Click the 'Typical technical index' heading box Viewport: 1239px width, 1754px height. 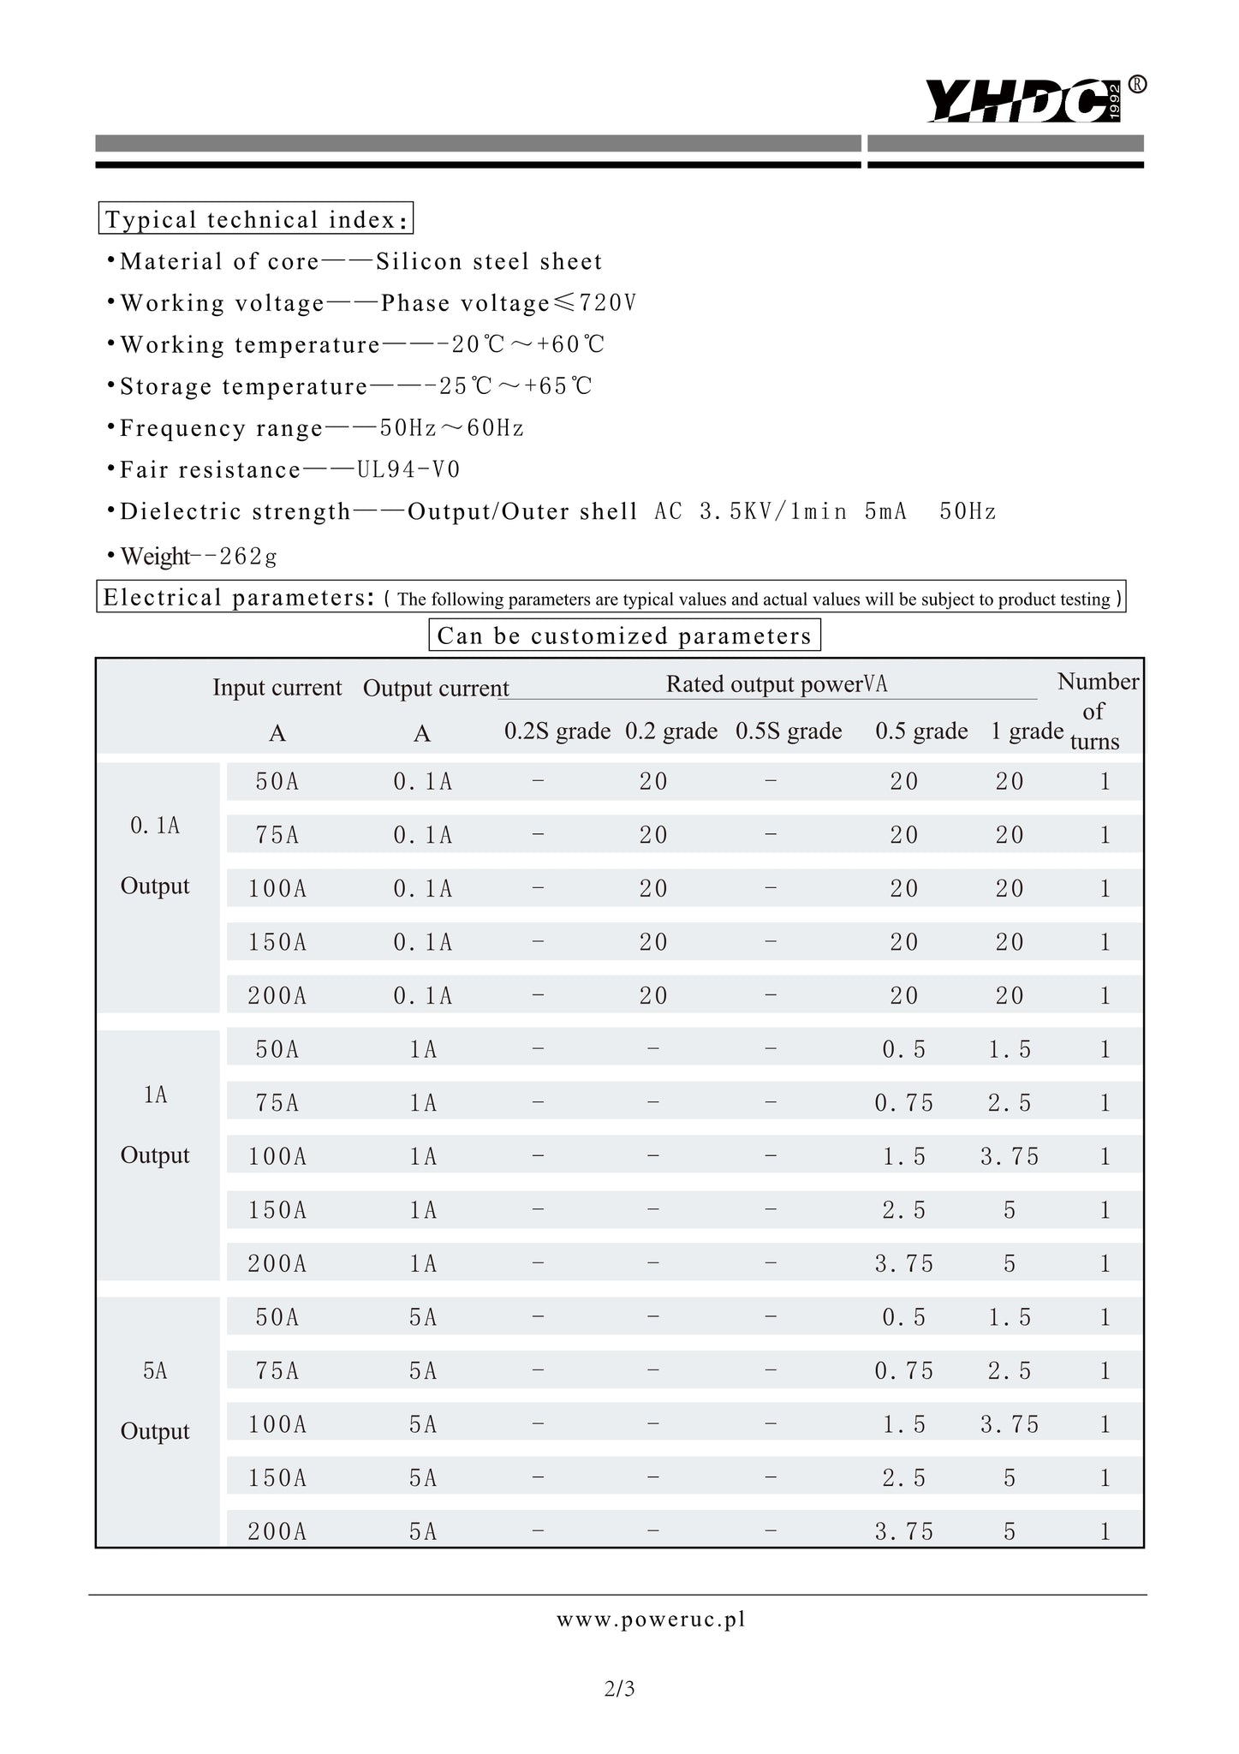(255, 219)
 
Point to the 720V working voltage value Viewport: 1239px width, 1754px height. (608, 303)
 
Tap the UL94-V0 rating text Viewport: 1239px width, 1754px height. (408, 469)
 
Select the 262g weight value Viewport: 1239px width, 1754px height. (248, 557)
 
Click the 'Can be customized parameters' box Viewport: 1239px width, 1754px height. (623, 635)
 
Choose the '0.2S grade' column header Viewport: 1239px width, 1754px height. (557, 731)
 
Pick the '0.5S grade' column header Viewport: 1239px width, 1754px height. (788, 731)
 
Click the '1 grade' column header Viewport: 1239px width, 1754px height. (1027, 731)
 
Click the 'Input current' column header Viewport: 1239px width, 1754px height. (277, 688)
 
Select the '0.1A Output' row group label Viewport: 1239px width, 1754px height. (155, 856)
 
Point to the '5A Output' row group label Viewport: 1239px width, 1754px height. (155, 1401)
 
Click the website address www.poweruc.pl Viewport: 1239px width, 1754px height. (651, 1620)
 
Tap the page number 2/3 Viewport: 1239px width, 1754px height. (619, 1689)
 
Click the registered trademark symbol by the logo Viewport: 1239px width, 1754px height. (1137, 84)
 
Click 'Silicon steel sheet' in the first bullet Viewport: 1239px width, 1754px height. (489, 262)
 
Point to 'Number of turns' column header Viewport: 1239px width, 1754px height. (1097, 711)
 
